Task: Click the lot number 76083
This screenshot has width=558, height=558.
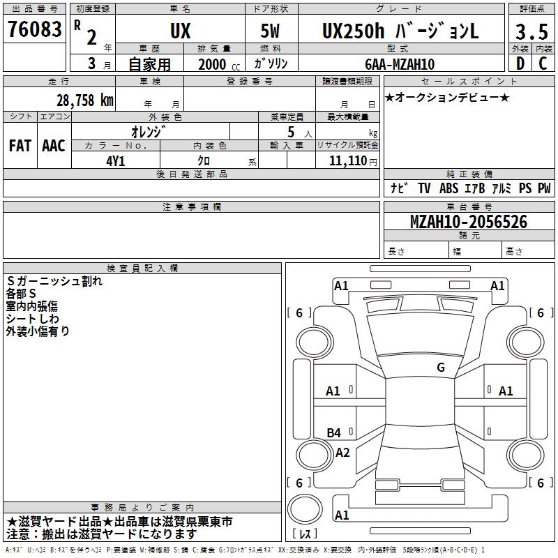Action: point(34,31)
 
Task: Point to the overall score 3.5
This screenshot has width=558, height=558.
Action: point(531,31)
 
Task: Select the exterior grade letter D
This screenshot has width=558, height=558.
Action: point(520,63)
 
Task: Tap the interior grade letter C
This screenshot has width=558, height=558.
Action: point(543,63)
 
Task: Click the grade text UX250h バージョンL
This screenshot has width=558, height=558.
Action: point(400,31)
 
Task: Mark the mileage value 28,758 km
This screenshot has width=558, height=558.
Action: point(84,100)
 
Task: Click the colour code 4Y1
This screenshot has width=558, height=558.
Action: point(116,160)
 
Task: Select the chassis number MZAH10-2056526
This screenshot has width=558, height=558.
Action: point(469,222)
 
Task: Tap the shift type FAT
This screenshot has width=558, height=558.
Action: point(20,146)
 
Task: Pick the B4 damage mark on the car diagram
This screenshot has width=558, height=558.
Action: point(334,433)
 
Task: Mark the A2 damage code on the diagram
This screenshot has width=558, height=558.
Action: point(342,453)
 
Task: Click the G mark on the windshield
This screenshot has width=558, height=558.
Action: point(441,368)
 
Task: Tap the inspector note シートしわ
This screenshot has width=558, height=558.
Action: point(33,319)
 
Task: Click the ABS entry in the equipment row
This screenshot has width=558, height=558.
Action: point(449,188)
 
